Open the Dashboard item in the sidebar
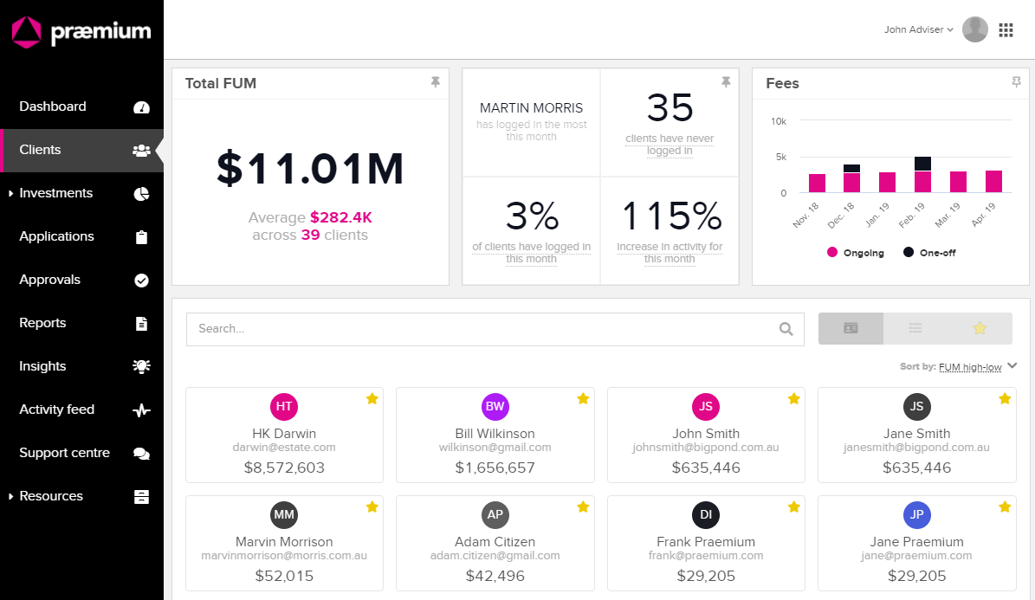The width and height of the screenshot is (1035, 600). tap(53, 106)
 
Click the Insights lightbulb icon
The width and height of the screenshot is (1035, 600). tap(141, 366)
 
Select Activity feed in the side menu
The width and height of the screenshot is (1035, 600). tap(57, 410)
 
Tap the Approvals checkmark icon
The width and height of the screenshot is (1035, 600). tap(141, 281)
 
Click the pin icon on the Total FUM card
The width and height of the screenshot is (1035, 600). tap(435, 82)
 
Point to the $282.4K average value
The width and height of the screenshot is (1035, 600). tap(341, 217)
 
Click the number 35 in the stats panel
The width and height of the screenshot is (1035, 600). tap(670, 107)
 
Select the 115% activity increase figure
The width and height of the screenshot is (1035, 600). tap(672, 216)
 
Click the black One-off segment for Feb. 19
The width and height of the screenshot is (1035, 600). tap(922, 164)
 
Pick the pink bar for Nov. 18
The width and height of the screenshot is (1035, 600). tap(818, 183)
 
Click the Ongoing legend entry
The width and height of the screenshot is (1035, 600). tap(856, 253)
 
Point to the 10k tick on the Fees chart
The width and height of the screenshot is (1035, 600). tap(779, 121)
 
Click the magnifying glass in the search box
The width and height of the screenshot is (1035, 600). tap(786, 329)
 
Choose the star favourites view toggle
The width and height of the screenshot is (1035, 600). tap(980, 328)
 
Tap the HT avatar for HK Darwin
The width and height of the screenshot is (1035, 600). tap(284, 407)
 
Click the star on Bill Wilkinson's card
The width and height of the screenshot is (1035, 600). tap(583, 398)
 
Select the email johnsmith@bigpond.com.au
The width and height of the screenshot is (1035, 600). tap(706, 448)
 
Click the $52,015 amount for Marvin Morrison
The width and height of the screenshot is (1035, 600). tap(284, 576)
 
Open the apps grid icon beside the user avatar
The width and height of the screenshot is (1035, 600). tap(1006, 29)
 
